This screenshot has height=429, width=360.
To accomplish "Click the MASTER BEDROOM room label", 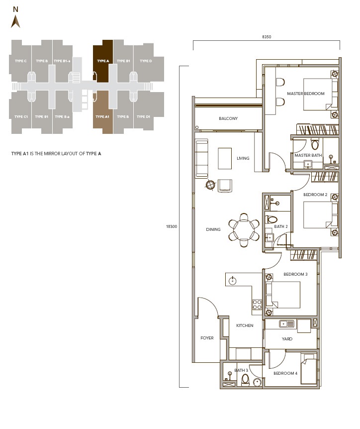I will pos(305,94).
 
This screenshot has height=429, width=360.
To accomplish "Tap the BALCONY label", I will pos(228,118).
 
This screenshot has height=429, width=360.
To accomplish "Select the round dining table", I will pos(244,230).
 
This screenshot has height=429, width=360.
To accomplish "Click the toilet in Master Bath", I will pos(314,145).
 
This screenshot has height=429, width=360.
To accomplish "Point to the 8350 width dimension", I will pos(267,37).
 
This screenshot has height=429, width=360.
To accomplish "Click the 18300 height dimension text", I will pos(171,226).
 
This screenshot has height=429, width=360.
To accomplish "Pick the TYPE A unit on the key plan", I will pos(103,61).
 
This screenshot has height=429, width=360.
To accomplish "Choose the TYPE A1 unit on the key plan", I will pos(103,116).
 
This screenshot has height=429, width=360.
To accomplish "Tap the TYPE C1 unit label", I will pos(21,116).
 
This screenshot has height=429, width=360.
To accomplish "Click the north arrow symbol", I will pos(15,21).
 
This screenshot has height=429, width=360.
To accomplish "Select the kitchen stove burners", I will pos(257,304).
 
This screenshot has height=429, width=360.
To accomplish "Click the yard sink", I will pos(286,324).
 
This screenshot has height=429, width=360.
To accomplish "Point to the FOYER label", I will pos(207,338).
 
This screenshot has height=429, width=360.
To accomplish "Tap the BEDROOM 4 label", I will pos(285,373).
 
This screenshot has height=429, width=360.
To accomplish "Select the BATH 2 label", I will pos(281,226).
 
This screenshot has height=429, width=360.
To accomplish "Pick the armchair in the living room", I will pos(225,186).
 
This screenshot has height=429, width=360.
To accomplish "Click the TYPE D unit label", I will pos(146,61).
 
